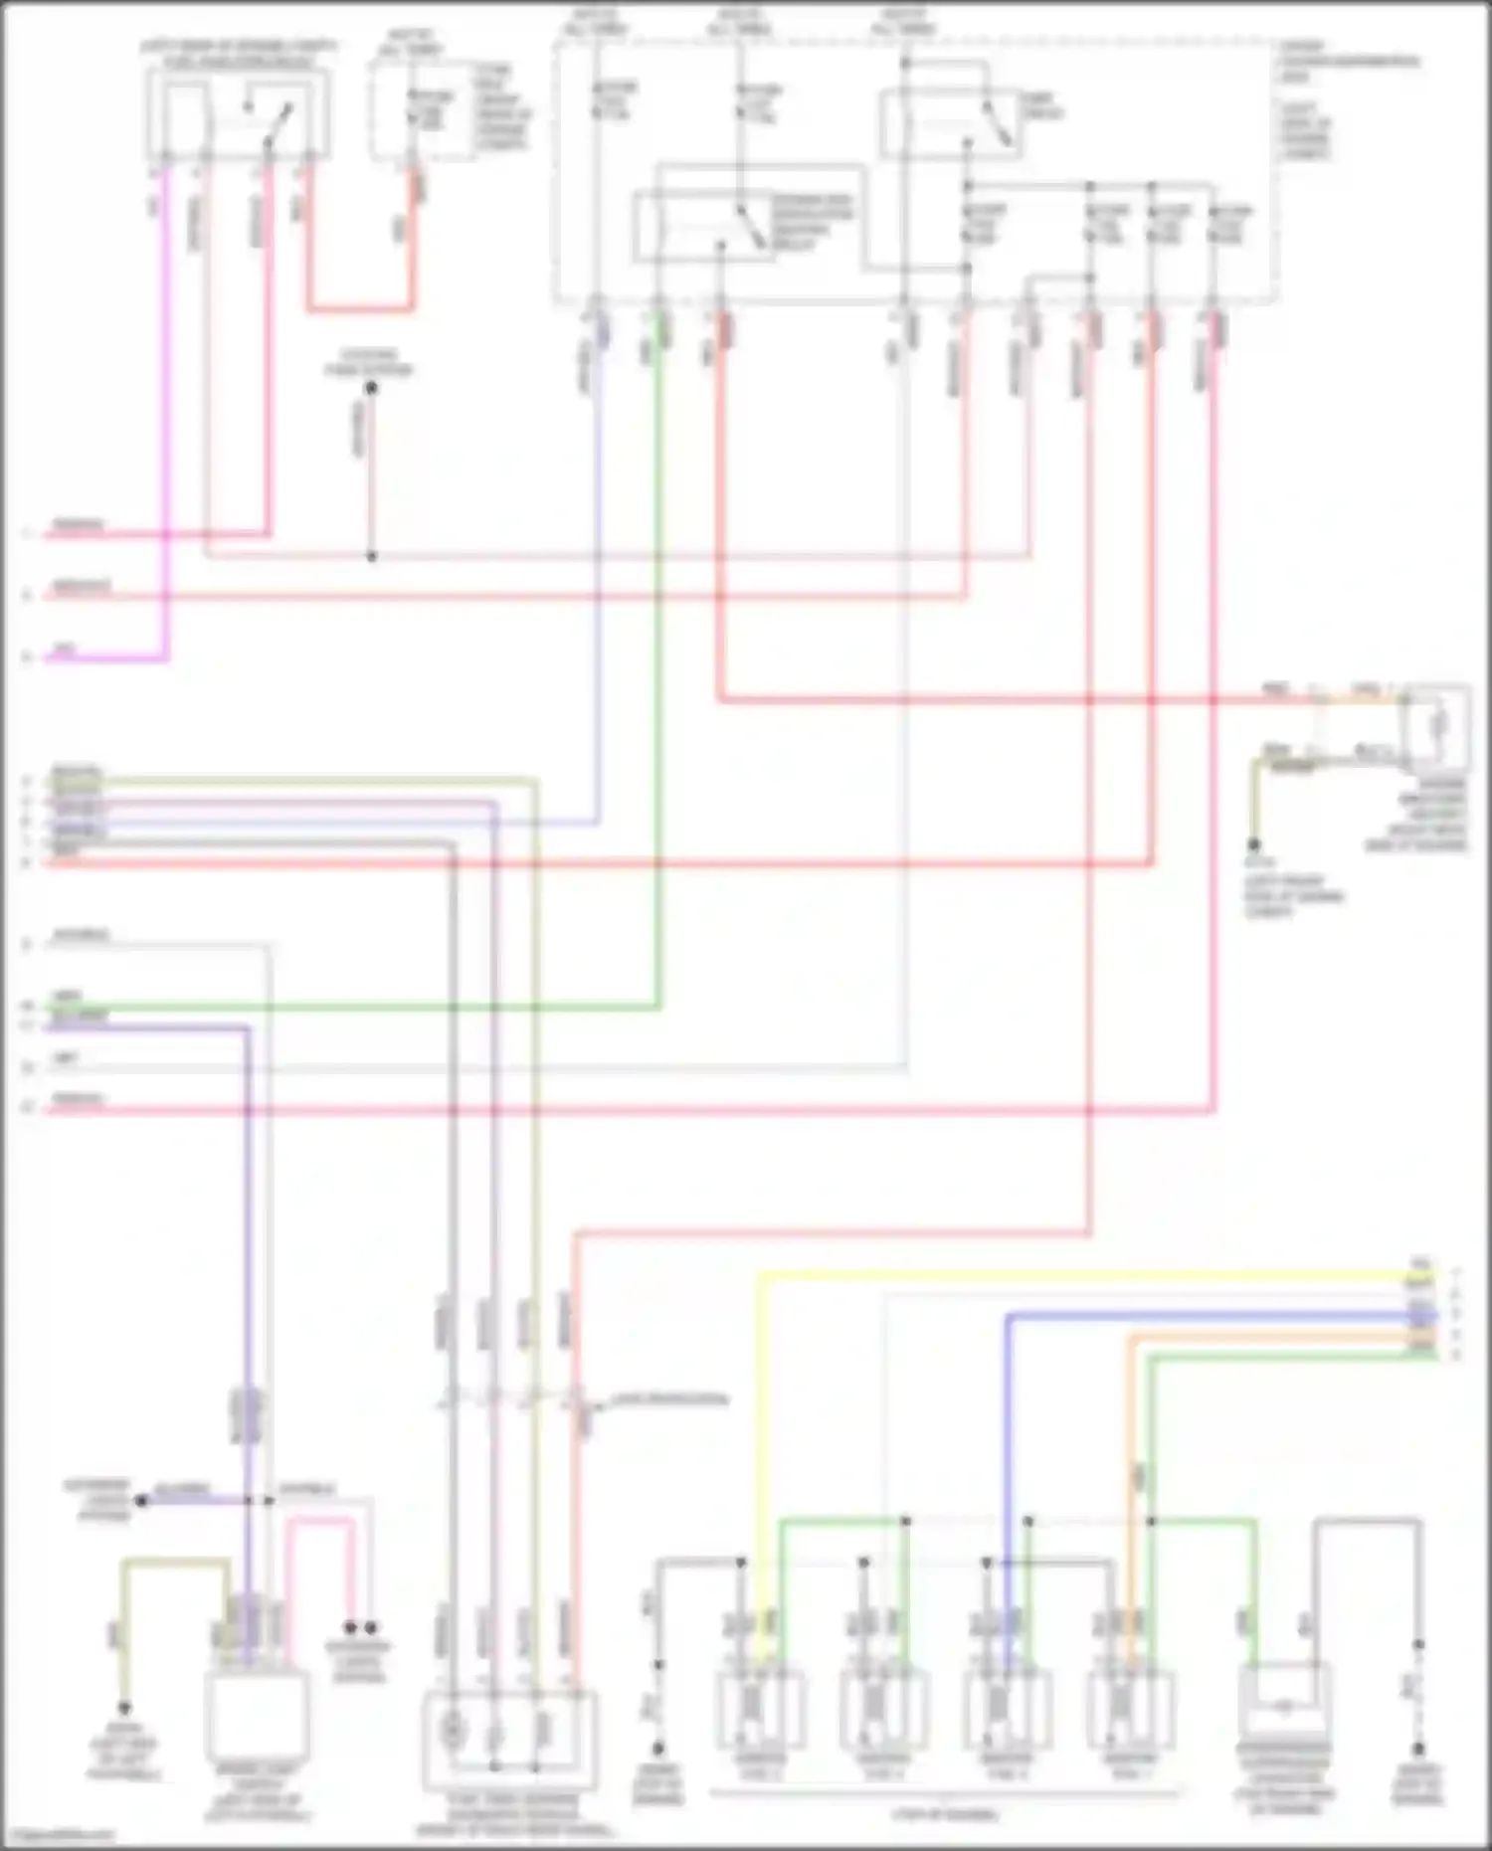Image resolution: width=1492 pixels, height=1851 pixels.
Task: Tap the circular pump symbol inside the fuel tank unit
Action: coord(452,1730)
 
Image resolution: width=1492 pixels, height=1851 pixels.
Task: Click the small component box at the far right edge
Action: coord(1437,726)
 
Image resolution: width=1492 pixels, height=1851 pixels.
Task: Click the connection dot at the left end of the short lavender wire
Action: coord(141,1500)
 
